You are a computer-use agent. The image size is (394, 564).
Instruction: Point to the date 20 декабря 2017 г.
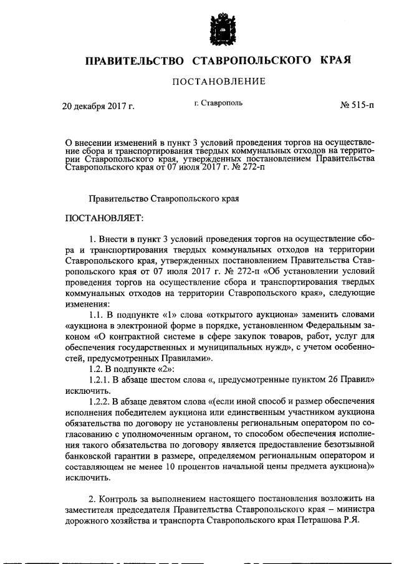click(98, 106)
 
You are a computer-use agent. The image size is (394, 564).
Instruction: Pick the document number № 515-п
click(357, 106)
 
